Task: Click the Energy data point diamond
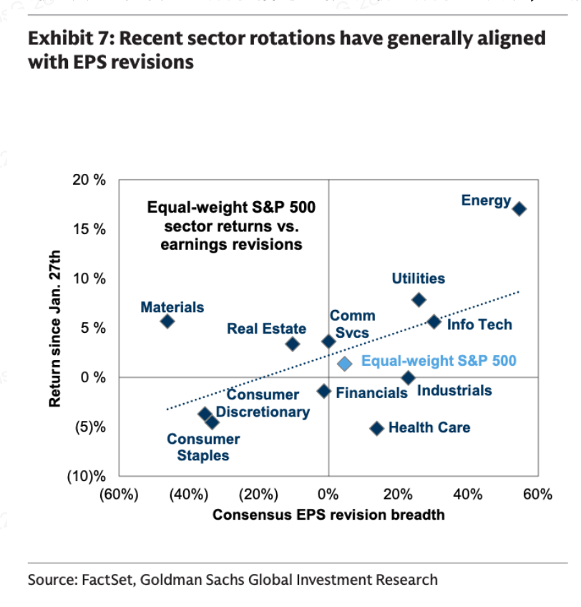point(519,209)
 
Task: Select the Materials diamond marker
point(167,321)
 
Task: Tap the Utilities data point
point(419,299)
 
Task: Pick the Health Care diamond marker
point(376,428)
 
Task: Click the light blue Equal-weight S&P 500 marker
point(344,364)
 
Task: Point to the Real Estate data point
point(292,344)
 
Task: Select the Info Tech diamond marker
point(434,322)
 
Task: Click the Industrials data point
point(408,377)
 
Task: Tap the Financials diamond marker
point(323,391)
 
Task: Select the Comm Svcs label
point(352,324)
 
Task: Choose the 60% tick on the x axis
point(537,495)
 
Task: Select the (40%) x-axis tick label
point(188,495)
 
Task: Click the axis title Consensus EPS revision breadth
point(328,515)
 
